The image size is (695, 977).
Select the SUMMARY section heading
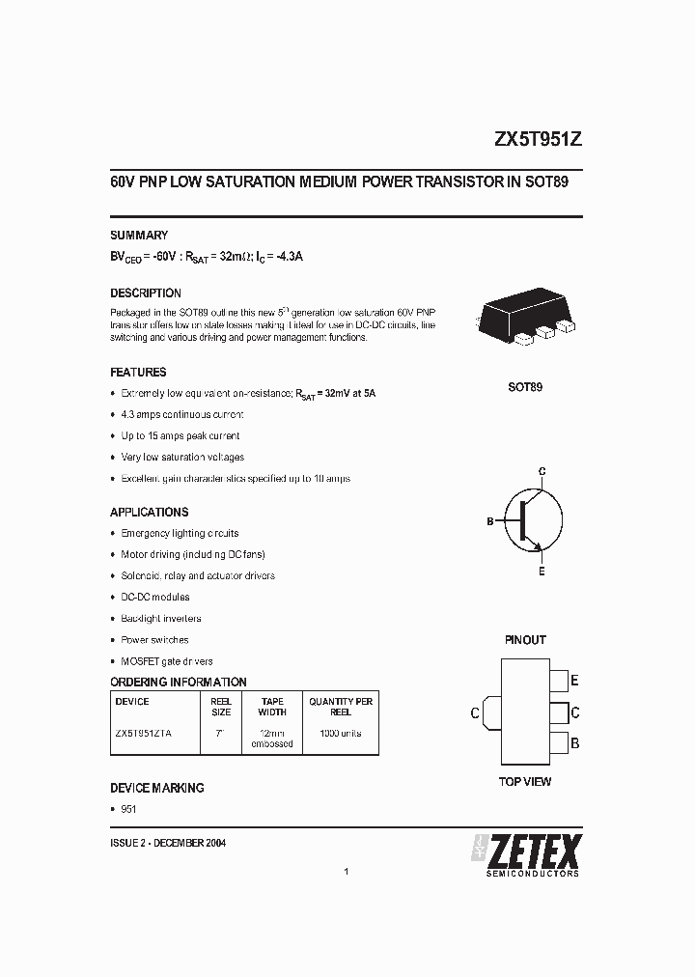coord(139,235)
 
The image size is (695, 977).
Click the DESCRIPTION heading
coord(146,293)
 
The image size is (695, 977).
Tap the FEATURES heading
coord(138,372)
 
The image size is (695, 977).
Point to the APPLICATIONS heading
coord(150,512)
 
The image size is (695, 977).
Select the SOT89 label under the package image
coord(525,387)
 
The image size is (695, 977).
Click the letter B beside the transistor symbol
coord(490,521)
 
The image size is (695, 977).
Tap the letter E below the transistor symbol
coord(542,572)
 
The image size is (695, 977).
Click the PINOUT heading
coord(525,639)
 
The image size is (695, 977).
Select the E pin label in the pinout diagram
coord(574,681)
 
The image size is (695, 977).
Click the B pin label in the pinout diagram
coord(574,743)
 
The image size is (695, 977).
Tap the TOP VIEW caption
coord(525,781)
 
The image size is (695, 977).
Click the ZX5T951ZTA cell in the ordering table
coord(144,733)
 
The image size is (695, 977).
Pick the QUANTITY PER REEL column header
coord(341,707)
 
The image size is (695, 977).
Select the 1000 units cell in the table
coord(341,733)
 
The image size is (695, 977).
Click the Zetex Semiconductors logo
coord(526,853)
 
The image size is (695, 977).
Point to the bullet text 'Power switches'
coord(154,639)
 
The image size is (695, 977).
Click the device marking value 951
coord(128,809)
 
